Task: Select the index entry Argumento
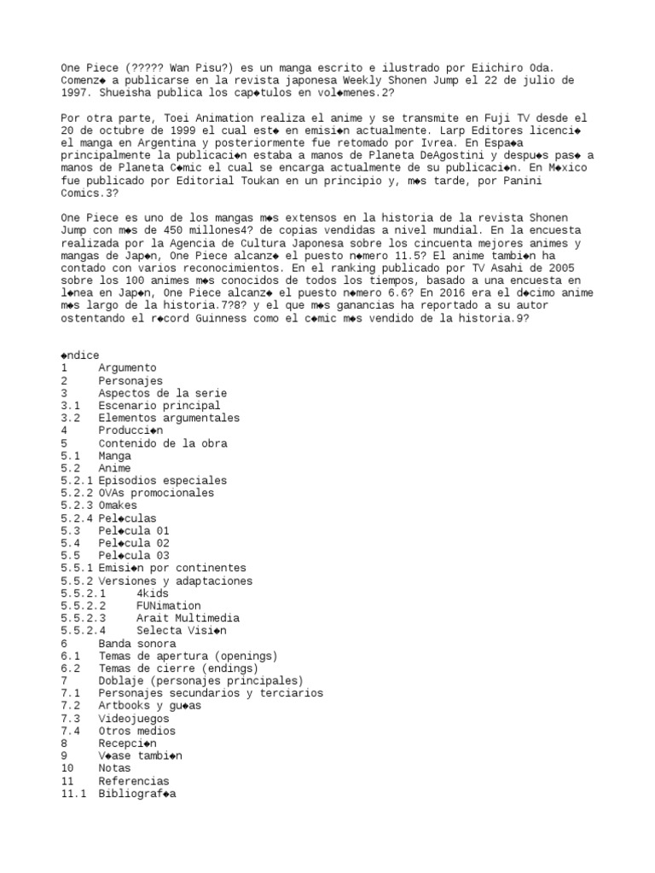coord(126,367)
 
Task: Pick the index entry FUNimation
coord(168,605)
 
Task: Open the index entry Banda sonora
coord(136,643)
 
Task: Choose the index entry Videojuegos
coord(133,718)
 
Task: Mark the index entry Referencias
coord(133,780)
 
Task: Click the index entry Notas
coord(114,768)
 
